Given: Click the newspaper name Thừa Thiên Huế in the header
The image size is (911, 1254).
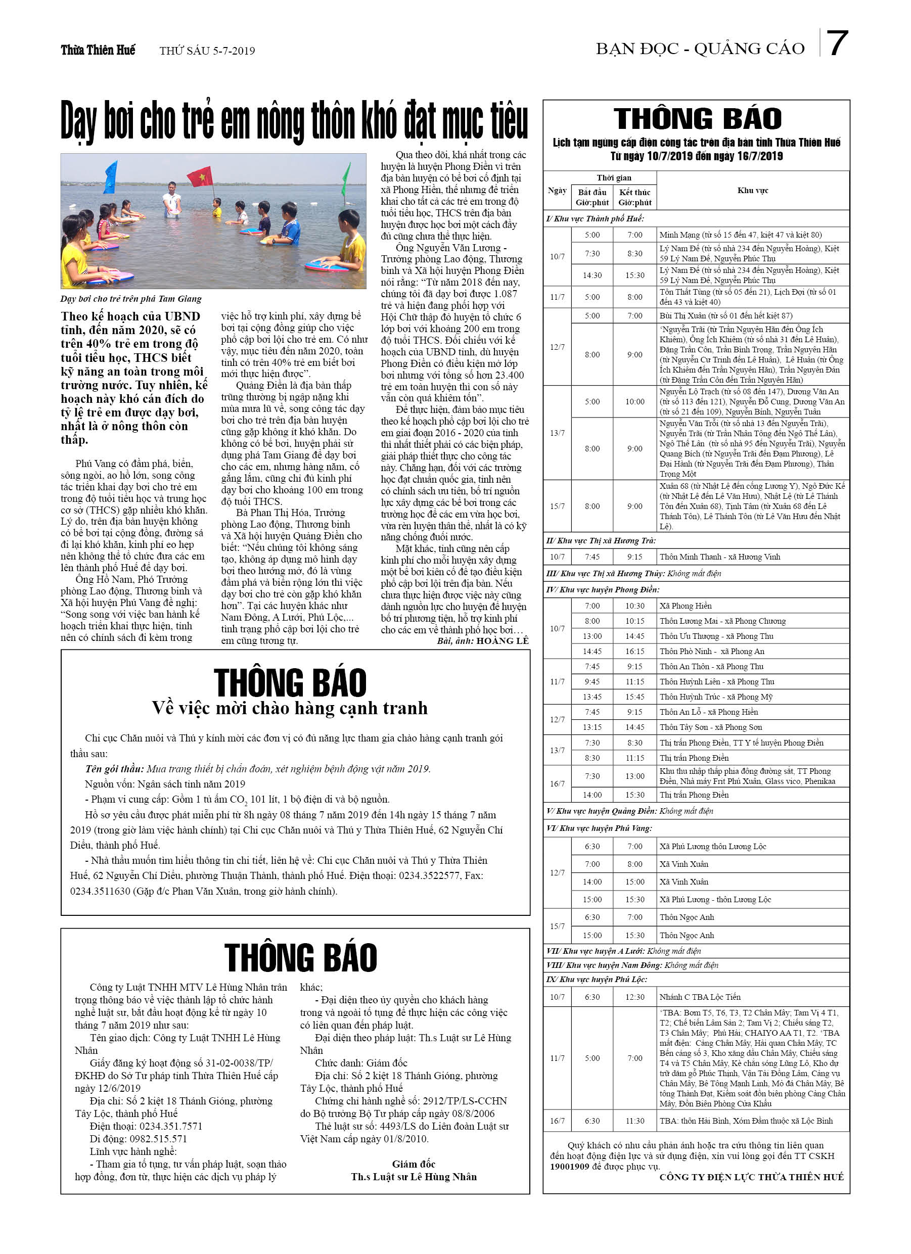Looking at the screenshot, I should pyautogui.click(x=98, y=51).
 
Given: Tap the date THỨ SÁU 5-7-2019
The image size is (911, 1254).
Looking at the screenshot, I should pyautogui.click(x=207, y=51).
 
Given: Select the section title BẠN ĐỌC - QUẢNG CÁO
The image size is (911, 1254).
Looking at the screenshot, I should pyautogui.click(x=700, y=49).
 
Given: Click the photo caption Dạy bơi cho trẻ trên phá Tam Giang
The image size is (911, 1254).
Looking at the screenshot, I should pyautogui.click(x=131, y=299).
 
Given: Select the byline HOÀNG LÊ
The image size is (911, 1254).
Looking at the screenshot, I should pyautogui.click(x=502, y=640).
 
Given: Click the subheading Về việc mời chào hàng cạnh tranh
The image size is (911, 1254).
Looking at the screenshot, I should pyautogui.click(x=290, y=708).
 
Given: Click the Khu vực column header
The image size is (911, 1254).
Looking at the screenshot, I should pyautogui.click(x=752, y=190).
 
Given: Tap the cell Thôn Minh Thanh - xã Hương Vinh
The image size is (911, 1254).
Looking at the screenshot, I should pyautogui.click(x=719, y=557).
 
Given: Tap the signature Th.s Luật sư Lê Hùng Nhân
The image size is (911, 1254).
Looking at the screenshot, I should pyautogui.click(x=414, y=1177).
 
